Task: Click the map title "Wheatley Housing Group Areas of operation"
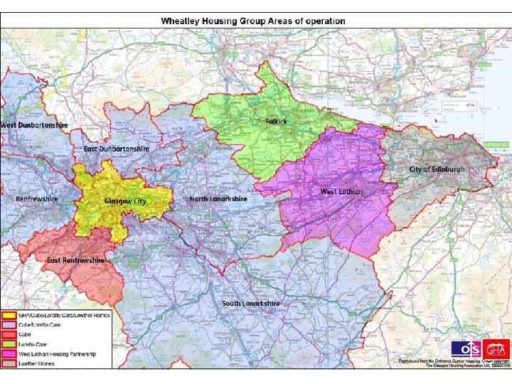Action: point(253,21)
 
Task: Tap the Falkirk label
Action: point(276,122)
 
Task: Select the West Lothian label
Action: point(341,191)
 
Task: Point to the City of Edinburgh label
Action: point(437,169)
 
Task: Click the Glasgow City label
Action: point(125,201)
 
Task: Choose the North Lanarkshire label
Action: point(218,199)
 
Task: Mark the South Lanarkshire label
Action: point(251,304)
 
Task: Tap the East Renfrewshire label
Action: point(75,260)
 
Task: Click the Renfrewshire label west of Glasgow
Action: point(37,199)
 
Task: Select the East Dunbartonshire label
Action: point(117,149)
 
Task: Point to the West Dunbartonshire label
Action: point(34,124)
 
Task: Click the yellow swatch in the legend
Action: point(10,315)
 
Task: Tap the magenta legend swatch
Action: point(10,354)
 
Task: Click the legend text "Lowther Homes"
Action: point(36,363)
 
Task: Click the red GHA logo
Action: point(496,349)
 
